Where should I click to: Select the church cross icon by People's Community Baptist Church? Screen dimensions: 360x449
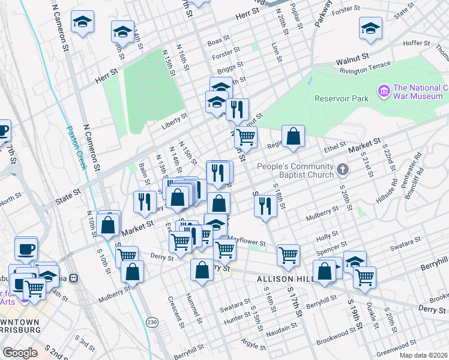pyautogui.click(x=343, y=170)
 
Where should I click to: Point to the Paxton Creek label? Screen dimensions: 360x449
pyautogui.click(x=76, y=148)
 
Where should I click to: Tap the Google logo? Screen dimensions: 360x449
pyautogui.click(x=20, y=353)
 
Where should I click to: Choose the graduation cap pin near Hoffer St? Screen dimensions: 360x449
pyautogui.click(x=370, y=28)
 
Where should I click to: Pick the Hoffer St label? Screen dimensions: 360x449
pyautogui.click(x=412, y=43)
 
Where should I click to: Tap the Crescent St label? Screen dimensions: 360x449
pyautogui.click(x=170, y=308)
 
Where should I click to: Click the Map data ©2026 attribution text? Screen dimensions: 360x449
pyautogui.click(x=423, y=355)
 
